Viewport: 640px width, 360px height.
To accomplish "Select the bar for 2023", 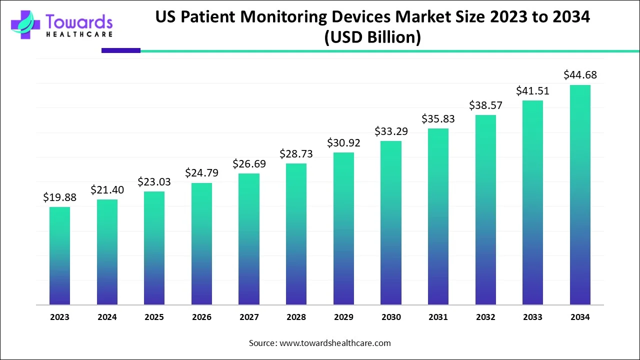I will coord(59,255).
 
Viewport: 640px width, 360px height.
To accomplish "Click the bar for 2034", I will coord(580,195).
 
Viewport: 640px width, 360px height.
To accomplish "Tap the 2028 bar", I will coord(296,234).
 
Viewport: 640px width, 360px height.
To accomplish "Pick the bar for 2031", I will coord(438,216).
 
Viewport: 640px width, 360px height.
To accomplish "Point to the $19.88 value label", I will coord(59,197).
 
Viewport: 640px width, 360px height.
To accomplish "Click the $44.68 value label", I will coord(580,75).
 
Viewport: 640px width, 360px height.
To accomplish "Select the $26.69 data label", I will coord(249,163).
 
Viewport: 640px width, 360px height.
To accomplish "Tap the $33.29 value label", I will coord(391,131).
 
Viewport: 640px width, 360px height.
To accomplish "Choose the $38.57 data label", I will coord(485,105).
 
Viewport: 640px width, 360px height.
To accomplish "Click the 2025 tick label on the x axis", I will coord(154,317).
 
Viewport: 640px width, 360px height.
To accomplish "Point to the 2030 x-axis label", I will coord(391,317).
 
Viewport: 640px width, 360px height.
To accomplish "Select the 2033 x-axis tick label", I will coord(532,317).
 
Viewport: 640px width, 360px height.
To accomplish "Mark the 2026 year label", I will coord(201,317).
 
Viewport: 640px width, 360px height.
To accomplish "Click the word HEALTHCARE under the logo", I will coord(79,34).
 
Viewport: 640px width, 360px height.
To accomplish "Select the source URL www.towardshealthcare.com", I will coord(334,343).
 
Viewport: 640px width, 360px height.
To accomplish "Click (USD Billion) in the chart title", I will coord(372,37).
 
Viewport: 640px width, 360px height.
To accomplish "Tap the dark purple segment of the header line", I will coord(120,50).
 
